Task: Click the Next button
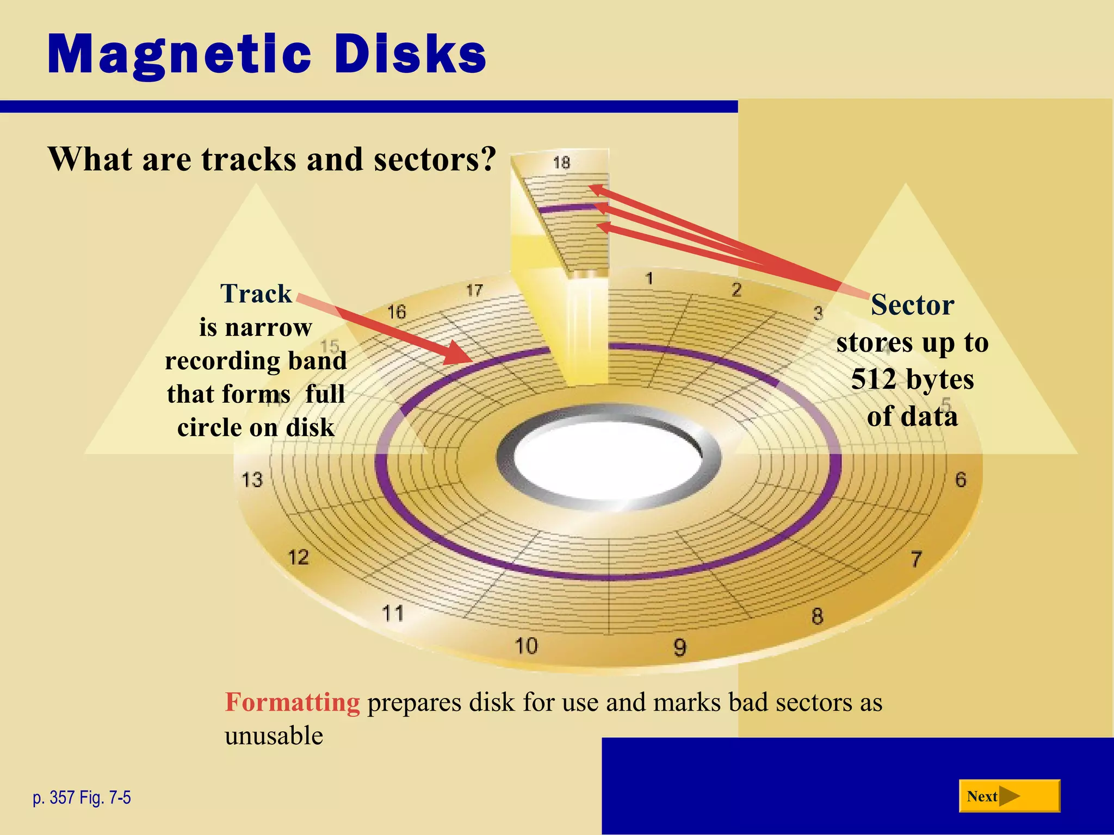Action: [x=1009, y=796]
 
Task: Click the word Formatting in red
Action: [x=292, y=702]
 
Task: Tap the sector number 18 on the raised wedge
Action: [x=561, y=163]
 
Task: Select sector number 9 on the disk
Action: [x=680, y=647]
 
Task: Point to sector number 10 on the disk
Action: [x=526, y=646]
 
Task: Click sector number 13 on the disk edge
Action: [x=252, y=480]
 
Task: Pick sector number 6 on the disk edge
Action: [x=961, y=479]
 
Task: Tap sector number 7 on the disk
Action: [x=917, y=559]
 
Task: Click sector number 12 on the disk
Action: [x=298, y=557]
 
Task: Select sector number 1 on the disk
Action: [x=649, y=279]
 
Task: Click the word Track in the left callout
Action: [x=256, y=294]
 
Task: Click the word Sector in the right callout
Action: [x=912, y=305]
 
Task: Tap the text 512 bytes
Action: [x=912, y=379]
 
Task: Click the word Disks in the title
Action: [x=409, y=54]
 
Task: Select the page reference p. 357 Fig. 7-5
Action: [x=82, y=797]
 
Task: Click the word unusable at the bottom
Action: [x=274, y=736]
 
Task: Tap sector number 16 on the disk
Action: [x=397, y=312]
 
